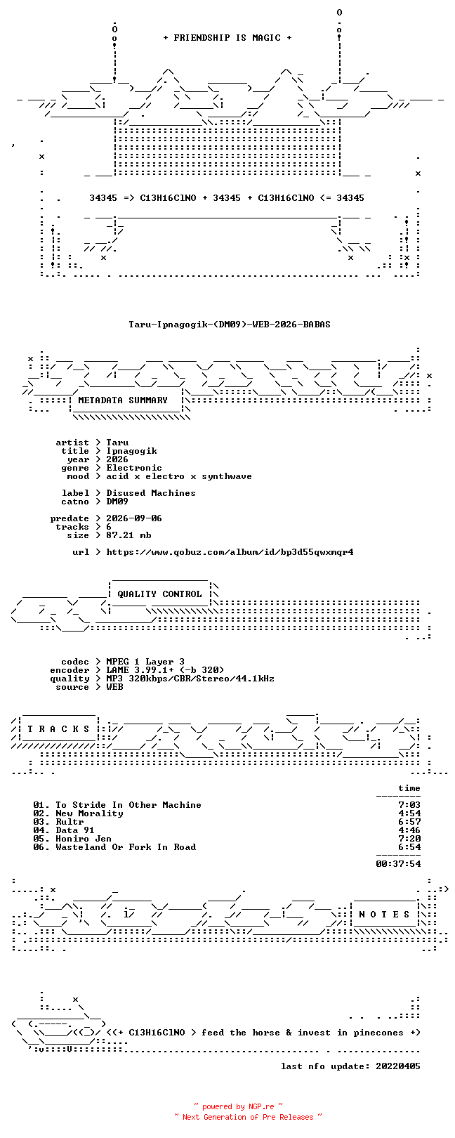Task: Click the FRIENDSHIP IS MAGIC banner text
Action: (x=227, y=38)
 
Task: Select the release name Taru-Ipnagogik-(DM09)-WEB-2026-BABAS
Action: (x=230, y=324)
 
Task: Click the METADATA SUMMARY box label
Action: (x=123, y=400)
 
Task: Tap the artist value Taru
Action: (x=117, y=443)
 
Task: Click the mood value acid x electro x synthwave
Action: (x=179, y=476)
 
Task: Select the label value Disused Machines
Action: (x=151, y=493)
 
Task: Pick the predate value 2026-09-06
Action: (x=134, y=518)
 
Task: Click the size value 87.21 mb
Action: (x=128, y=535)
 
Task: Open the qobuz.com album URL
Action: (x=230, y=552)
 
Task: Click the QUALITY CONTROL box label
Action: (x=159, y=594)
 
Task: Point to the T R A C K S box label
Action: (x=58, y=730)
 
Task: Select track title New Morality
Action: (x=89, y=813)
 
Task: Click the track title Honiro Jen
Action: (x=84, y=839)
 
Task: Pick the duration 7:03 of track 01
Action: (x=409, y=805)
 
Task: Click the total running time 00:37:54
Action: (x=398, y=863)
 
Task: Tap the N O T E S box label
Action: (x=384, y=915)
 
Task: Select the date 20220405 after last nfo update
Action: (x=398, y=1066)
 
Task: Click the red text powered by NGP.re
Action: (x=238, y=1106)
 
